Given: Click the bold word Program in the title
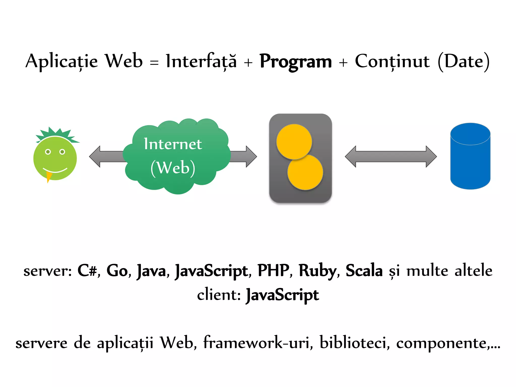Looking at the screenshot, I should coord(295,62).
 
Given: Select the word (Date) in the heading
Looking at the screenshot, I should coord(464,62).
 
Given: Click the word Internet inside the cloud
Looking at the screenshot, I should coord(173,144).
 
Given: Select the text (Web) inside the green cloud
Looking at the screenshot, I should coord(173,168).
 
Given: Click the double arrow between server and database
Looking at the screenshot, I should coord(391,156).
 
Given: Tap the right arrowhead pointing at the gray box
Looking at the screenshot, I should coord(251,156).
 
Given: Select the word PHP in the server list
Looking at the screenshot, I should coord(273,271).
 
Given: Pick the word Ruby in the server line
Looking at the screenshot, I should coord(317,271).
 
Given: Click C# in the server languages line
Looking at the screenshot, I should coord(87,271).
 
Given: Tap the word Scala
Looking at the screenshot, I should coord(364,271).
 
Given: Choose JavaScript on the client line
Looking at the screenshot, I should coord(282,295).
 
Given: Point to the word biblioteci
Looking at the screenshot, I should coord(353,343).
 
